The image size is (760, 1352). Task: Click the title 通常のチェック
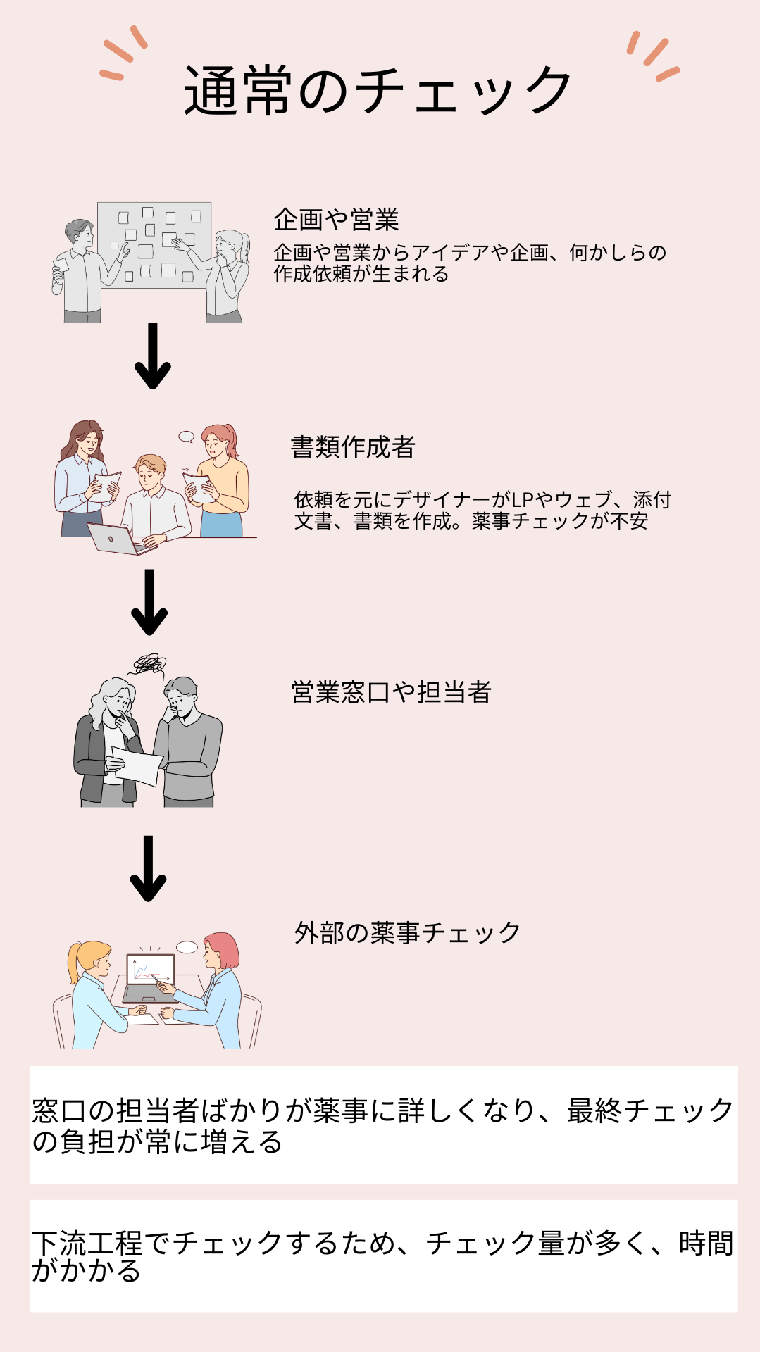378,90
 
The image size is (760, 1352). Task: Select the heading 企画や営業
336,220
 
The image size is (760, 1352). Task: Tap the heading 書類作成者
353,447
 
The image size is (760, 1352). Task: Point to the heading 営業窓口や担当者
391,692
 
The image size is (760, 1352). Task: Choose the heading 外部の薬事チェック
407,933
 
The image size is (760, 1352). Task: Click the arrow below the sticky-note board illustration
153,356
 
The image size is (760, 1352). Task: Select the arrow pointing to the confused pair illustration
149,602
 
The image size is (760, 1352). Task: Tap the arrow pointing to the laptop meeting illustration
148,868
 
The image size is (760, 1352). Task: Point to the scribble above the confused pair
149,663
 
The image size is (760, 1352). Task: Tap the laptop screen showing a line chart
150,969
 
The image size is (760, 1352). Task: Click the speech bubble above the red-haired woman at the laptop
187,947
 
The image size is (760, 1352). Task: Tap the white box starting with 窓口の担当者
384,1125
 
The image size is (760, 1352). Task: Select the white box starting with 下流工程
384,1256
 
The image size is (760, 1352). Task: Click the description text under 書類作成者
482,511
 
